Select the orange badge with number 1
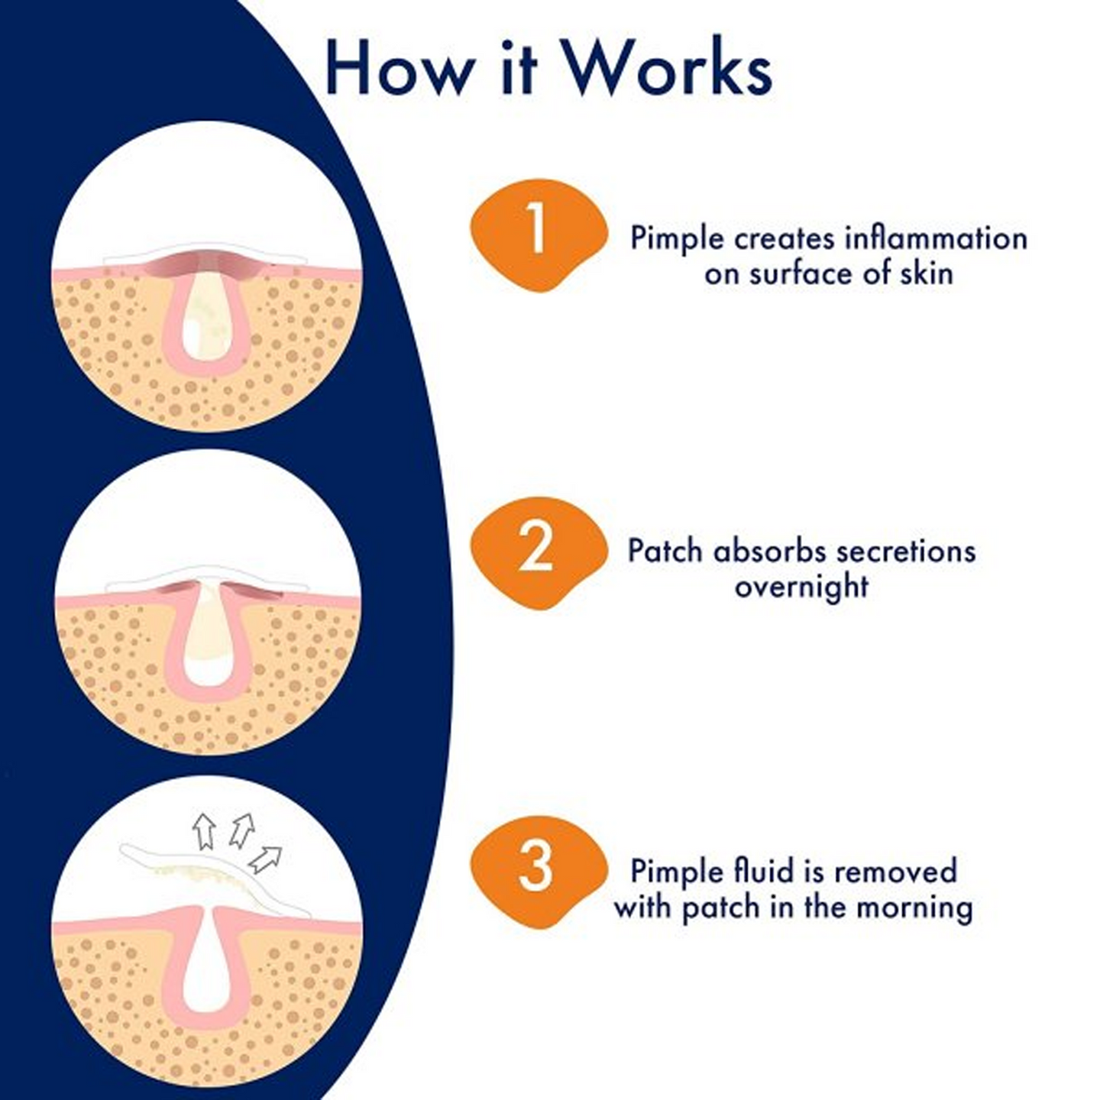click(x=538, y=234)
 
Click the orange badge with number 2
click(x=536, y=552)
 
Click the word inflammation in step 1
click(x=936, y=238)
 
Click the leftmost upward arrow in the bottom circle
click(x=203, y=831)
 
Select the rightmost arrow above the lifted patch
click(x=265, y=859)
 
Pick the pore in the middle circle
click(x=206, y=638)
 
